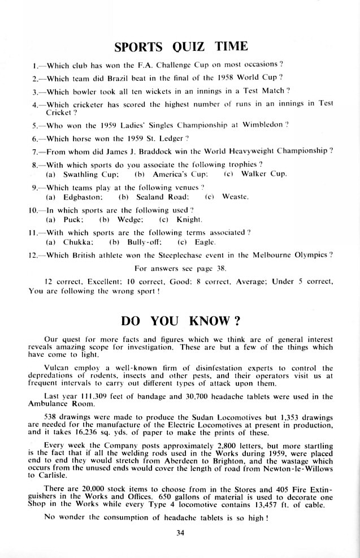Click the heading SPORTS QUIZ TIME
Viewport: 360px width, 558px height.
[x=181, y=46]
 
